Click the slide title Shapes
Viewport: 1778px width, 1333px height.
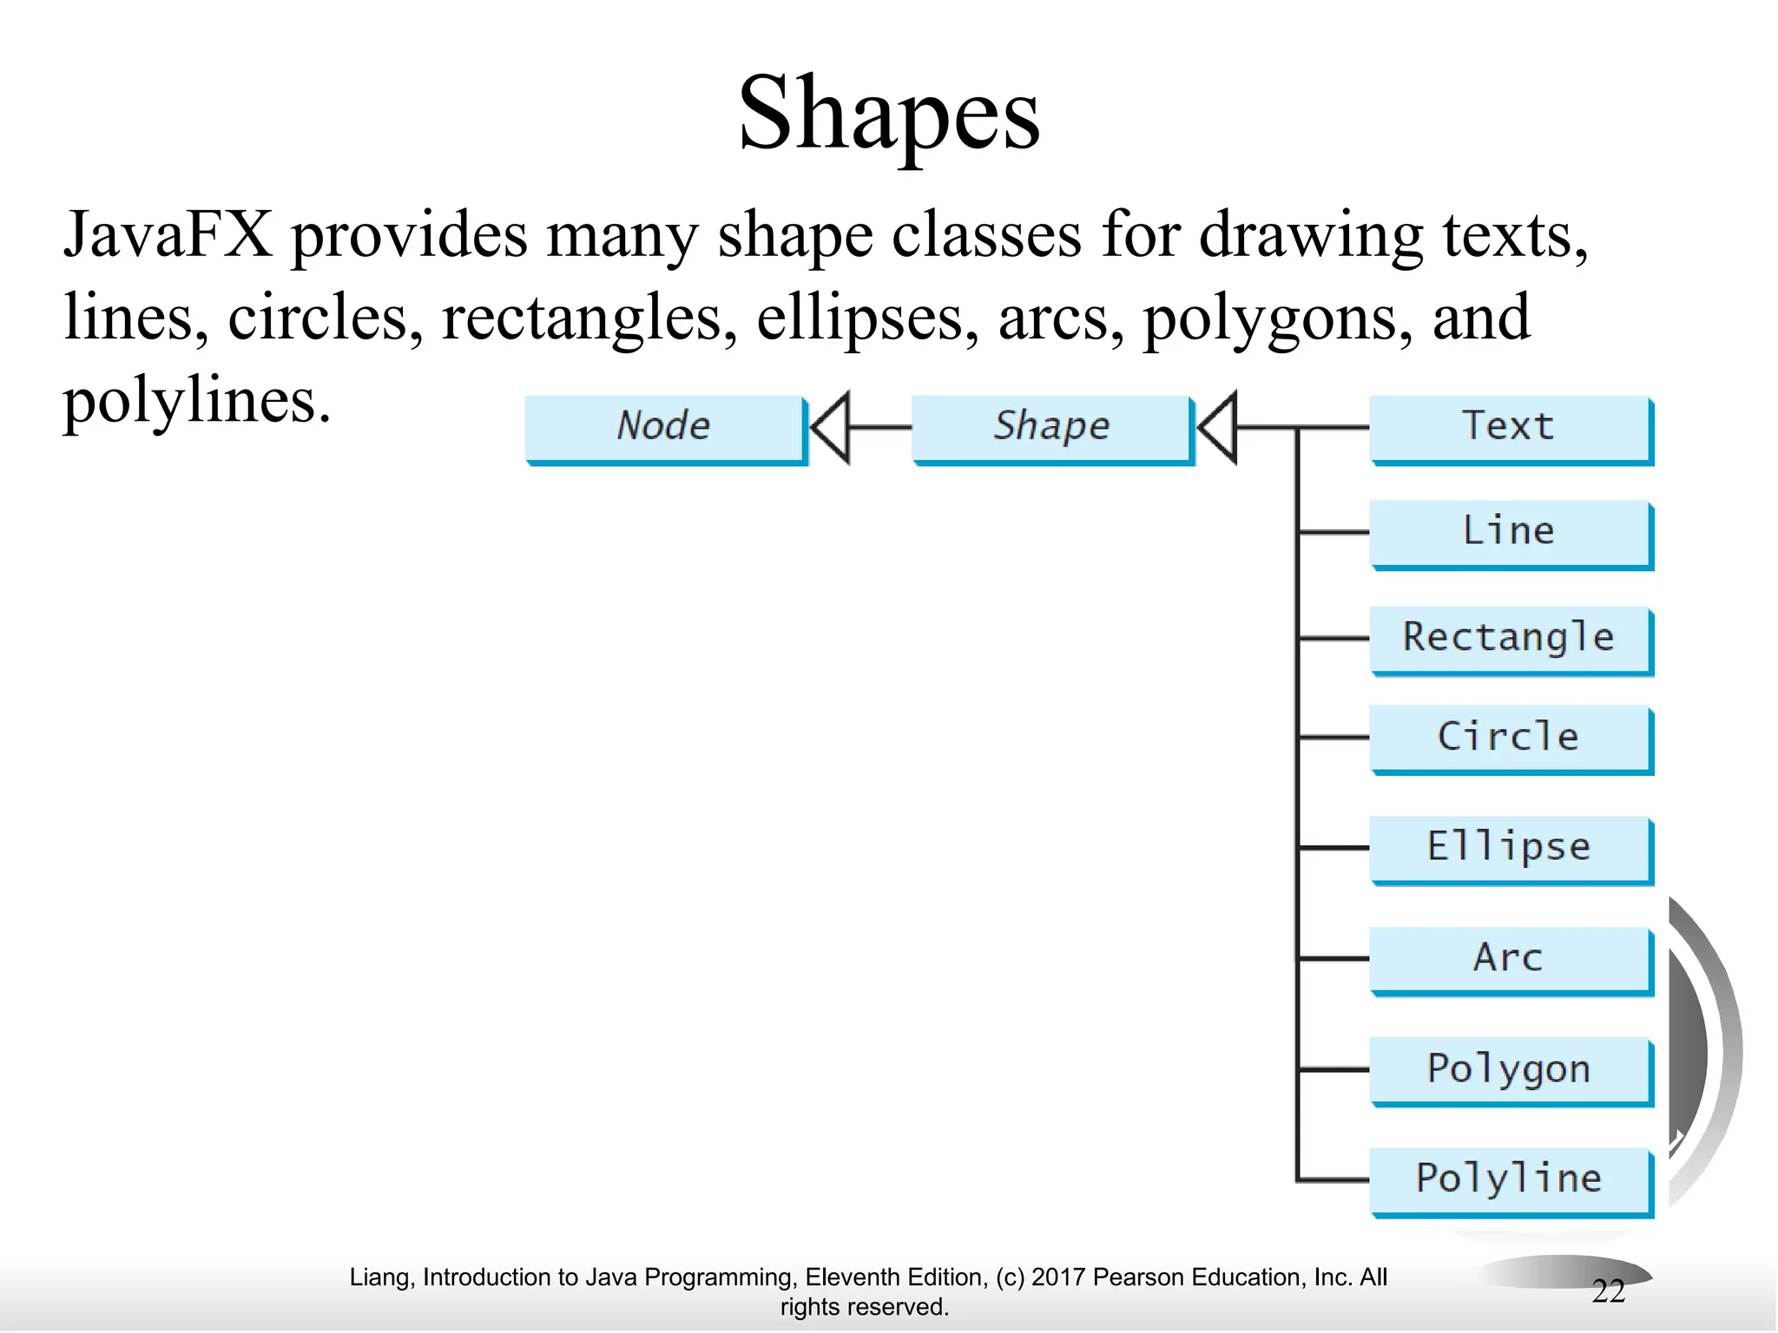click(889, 113)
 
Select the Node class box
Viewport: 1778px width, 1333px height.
click(665, 428)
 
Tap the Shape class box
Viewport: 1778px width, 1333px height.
click(1052, 428)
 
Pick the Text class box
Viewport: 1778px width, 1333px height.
click(1510, 428)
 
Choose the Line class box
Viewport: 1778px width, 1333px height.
click(1510, 532)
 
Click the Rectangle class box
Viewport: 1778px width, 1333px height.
click(1510, 638)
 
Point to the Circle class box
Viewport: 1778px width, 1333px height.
click(1510, 738)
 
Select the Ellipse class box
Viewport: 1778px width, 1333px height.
click(1510, 848)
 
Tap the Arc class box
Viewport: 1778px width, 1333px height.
click(1510, 959)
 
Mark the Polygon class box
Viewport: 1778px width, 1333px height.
click(1510, 1070)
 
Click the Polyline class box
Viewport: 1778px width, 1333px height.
click(1510, 1180)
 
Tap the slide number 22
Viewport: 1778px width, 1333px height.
click(1608, 1292)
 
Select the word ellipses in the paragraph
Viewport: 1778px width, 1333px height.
click(859, 318)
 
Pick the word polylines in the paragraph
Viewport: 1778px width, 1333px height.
click(196, 401)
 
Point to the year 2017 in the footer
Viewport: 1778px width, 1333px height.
click(1058, 1277)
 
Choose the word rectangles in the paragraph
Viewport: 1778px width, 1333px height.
click(581, 318)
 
